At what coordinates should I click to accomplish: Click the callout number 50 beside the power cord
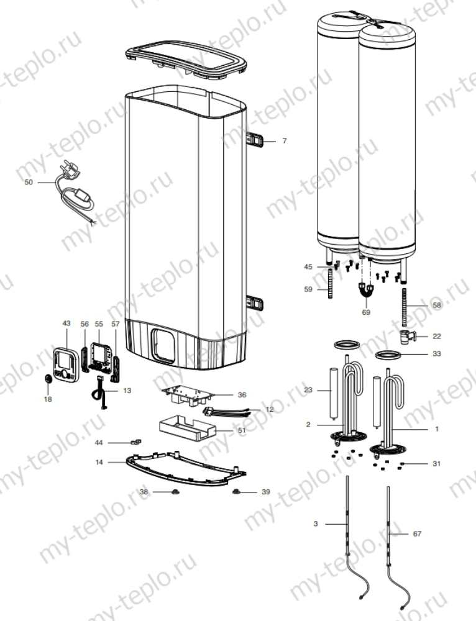pyautogui.click(x=28, y=183)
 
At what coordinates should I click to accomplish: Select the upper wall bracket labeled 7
pyautogui.click(x=256, y=141)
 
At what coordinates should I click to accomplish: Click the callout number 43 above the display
pyautogui.click(x=67, y=324)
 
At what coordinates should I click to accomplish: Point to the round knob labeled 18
pyautogui.click(x=48, y=378)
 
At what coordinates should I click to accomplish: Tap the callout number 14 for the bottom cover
pyautogui.click(x=99, y=462)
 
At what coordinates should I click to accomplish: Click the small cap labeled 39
pyautogui.click(x=236, y=492)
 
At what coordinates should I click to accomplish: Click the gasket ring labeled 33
pyautogui.click(x=388, y=356)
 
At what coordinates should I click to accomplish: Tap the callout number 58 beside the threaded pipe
pyautogui.click(x=436, y=305)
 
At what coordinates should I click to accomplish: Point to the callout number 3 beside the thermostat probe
pyautogui.click(x=316, y=524)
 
